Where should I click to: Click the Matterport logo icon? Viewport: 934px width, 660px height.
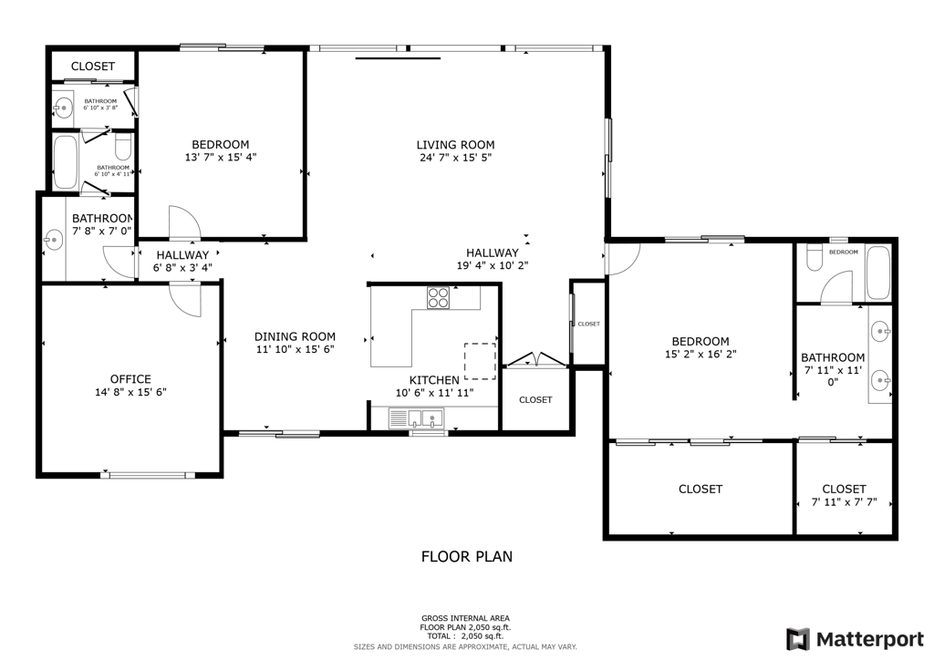pyautogui.click(x=798, y=638)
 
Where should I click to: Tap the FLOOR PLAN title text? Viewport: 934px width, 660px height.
pyautogui.click(x=466, y=556)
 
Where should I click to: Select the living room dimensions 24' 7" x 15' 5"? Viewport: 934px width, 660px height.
pyautogui.click(x=455, y=158)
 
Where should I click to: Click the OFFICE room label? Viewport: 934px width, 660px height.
pyautogui.click(x=130, y=379)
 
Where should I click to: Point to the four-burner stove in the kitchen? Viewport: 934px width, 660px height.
pyautogui.click(x=439, y=298)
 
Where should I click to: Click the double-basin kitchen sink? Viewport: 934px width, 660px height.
pyautogui.click(x=416, y=419)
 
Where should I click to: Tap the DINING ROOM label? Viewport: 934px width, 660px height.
pyautogui.click(x=295, y=336)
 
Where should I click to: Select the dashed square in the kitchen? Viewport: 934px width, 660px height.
pyautogui.click(x=480, y=360)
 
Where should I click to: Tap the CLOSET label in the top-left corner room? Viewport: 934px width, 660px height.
pyautogui.click(x=93, y=67)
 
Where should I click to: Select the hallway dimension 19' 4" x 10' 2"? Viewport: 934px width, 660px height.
pyautogui.click(x=492, y=266)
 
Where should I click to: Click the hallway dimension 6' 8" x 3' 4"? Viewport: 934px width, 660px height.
pyautogui.click(x=182, y=268)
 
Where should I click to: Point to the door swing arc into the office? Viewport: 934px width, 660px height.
pyautogui.click(x=186, y=299)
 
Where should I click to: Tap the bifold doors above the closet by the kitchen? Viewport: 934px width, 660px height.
pyautogui.click(x=535, y=360)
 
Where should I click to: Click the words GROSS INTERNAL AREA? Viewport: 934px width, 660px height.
pyautogui.click(x=465, y=617)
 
